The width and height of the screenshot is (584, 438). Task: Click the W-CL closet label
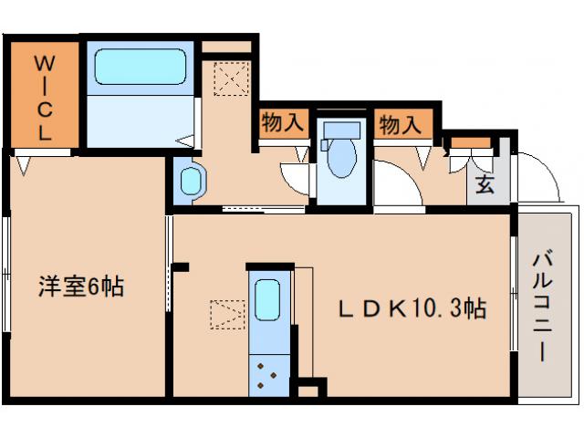coord(44,96)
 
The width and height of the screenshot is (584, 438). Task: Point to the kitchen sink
coord(267,299)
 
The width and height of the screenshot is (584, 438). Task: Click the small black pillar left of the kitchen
coord(181,267)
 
